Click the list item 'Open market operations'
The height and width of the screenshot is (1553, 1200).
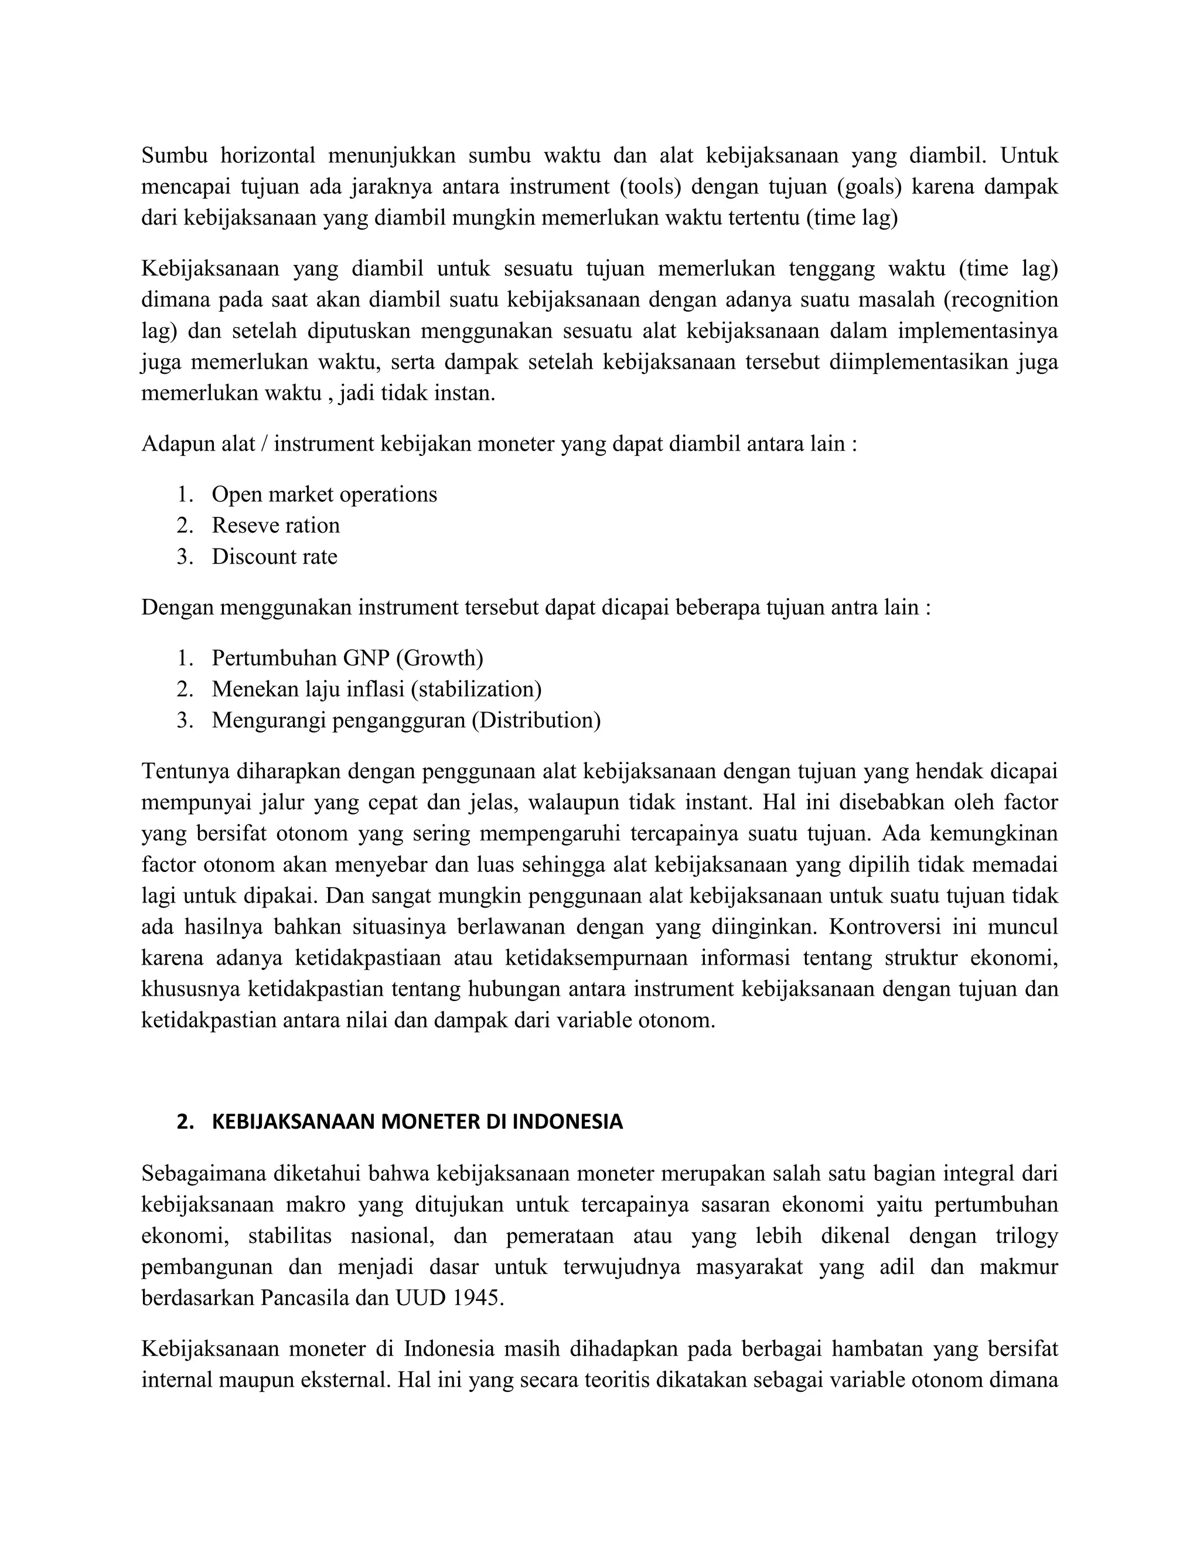pos(324,494)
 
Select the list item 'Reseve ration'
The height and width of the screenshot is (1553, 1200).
pos(276,526)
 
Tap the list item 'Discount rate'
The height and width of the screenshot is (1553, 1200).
pos(274,556)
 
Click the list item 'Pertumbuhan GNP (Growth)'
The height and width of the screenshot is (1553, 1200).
pos(347,658)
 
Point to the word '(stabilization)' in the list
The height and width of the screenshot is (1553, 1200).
pos(476,689)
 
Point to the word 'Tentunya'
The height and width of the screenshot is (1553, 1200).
pos(185,771)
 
